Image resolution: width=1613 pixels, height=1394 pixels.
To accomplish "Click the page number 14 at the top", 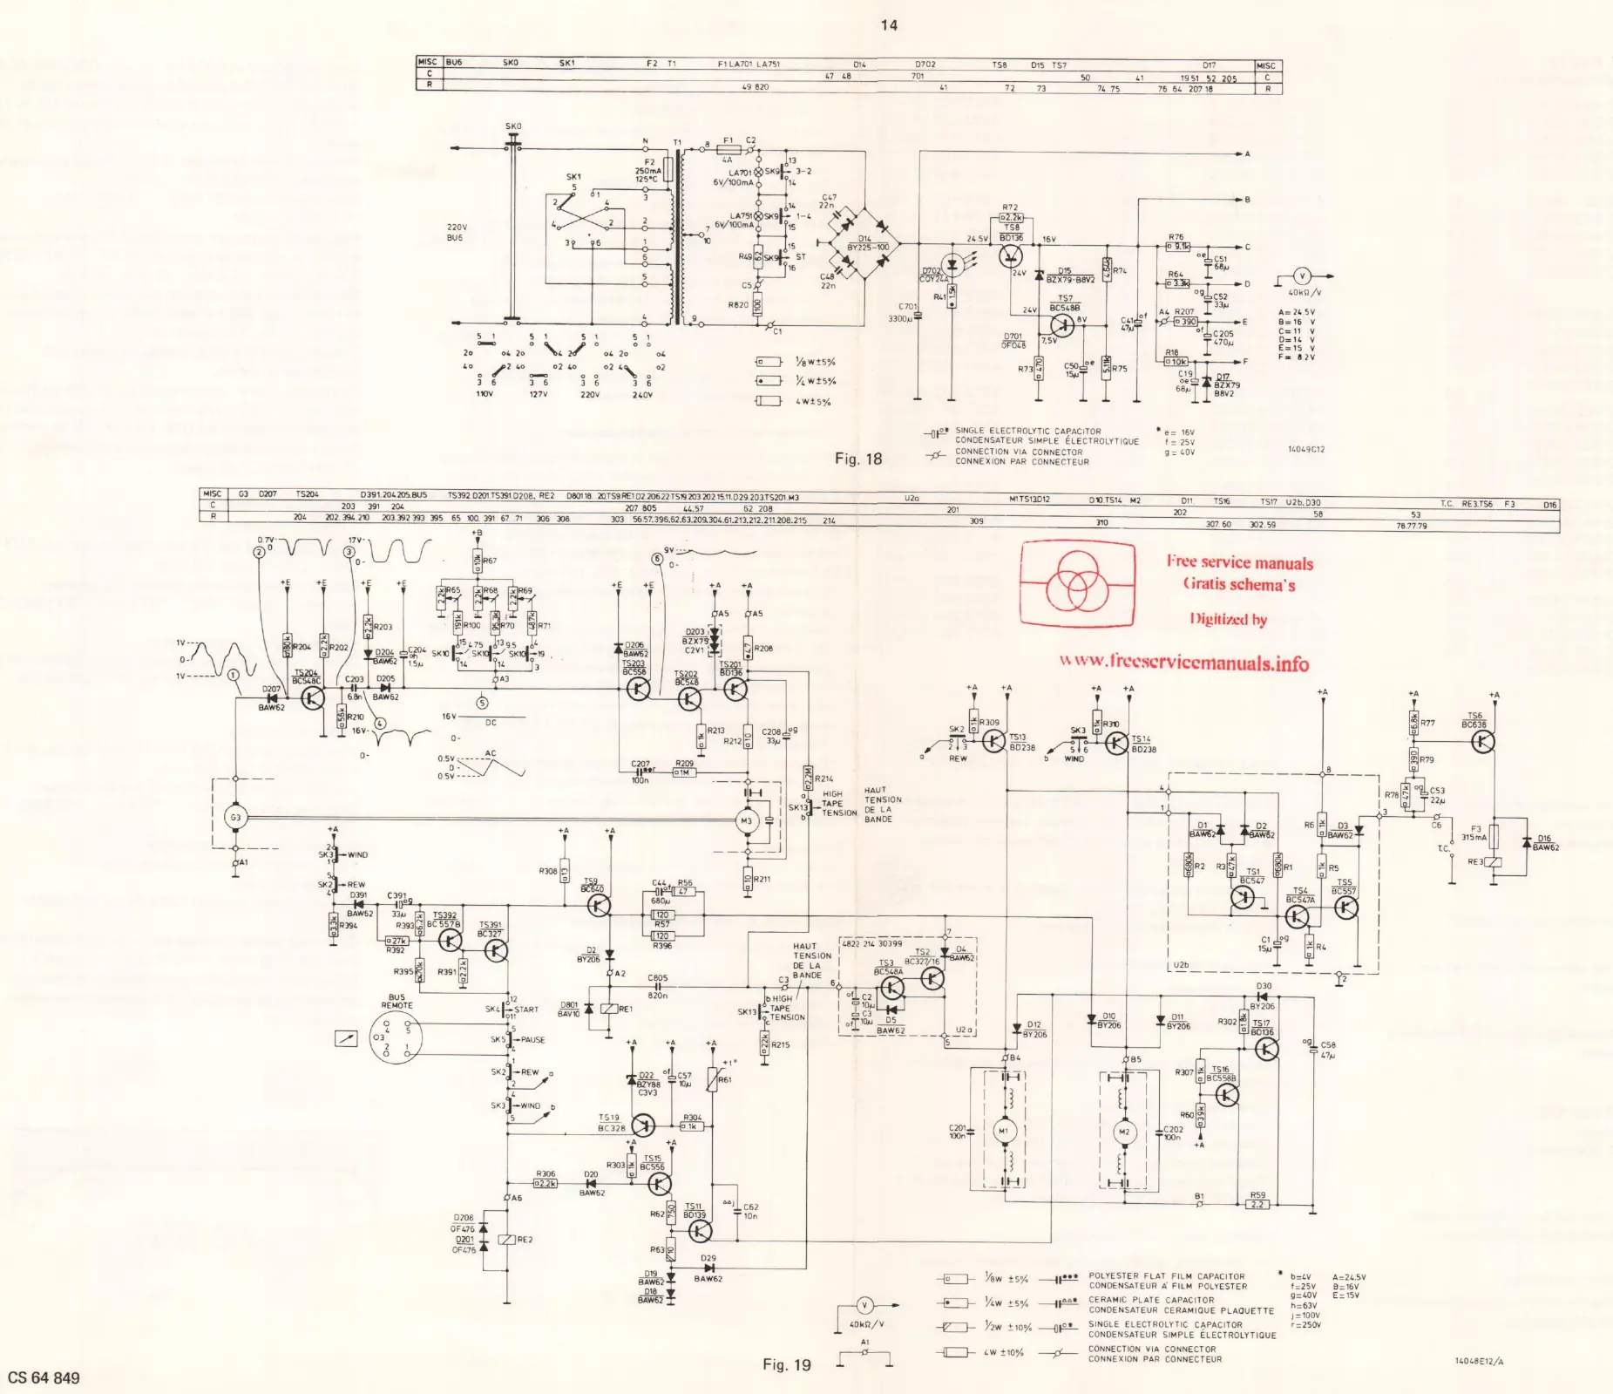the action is point(888,25).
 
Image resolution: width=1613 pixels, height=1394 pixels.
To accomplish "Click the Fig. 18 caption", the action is point(858,459).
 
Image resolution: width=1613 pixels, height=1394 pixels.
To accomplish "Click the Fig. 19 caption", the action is point(786,1364).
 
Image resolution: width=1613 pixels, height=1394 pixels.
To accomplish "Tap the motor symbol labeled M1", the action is point(1002,1131).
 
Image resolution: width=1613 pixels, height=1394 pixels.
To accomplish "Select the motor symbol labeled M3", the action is point(746,821).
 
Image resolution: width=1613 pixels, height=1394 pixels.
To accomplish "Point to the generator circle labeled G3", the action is point(235,817).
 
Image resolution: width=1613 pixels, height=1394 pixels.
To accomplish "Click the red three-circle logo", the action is point(1078,583).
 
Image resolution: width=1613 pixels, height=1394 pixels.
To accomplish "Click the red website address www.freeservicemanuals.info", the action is point(1184,662).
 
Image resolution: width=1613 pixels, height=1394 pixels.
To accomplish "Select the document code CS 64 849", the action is point(44,1377).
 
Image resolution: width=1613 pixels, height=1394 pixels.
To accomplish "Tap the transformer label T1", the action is point(677,143).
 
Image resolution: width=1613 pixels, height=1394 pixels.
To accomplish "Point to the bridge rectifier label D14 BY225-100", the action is point(866,242).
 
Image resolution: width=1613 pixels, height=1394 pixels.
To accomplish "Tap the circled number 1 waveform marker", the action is point(233,675).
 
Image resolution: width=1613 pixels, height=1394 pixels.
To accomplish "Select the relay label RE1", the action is point(626,1009).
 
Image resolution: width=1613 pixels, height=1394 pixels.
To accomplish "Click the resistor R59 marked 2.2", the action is point(1257,1204).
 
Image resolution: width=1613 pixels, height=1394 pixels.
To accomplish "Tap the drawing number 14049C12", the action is point(1305,450).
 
